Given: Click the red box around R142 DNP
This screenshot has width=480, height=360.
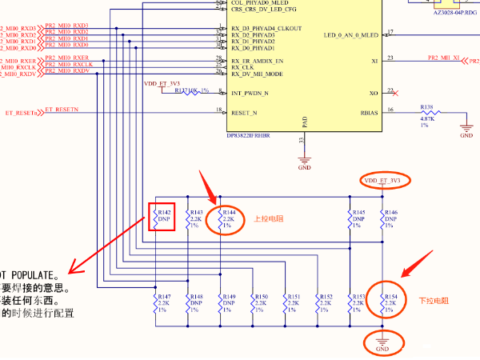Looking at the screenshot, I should click(162, 215).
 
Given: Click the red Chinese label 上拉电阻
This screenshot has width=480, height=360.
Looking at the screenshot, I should click(269, 218).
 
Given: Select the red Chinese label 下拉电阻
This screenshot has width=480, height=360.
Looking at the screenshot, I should click(434, 301).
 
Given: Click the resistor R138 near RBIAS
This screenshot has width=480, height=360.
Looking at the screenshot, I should click(426, 106).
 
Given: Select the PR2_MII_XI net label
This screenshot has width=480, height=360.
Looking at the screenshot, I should click(443, 58).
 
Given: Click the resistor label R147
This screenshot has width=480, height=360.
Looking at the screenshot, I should click(163, 297).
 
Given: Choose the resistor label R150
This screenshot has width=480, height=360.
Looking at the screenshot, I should click(260, 297).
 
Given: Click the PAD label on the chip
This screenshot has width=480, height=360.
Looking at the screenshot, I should click(304, 122).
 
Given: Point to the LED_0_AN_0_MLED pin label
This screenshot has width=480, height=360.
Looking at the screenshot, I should click(351, 35).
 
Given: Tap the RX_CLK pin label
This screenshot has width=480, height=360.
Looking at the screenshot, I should click(243, 67).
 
